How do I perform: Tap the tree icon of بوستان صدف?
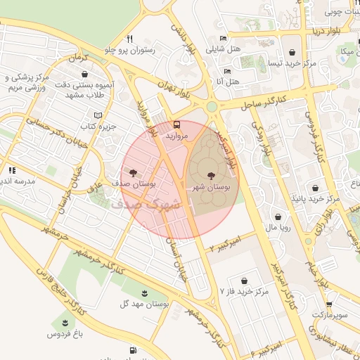(131, 172)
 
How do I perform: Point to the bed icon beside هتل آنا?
(226, 72)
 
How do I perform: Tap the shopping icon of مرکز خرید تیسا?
(292, 53)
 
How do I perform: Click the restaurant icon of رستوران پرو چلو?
(129, 39)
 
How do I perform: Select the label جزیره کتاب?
(97, 127)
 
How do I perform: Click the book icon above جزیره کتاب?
(98, 115)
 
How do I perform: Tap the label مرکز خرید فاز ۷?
(245, 290)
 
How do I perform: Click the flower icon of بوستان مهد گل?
(144, 292)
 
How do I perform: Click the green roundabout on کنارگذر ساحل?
(212, 107)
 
